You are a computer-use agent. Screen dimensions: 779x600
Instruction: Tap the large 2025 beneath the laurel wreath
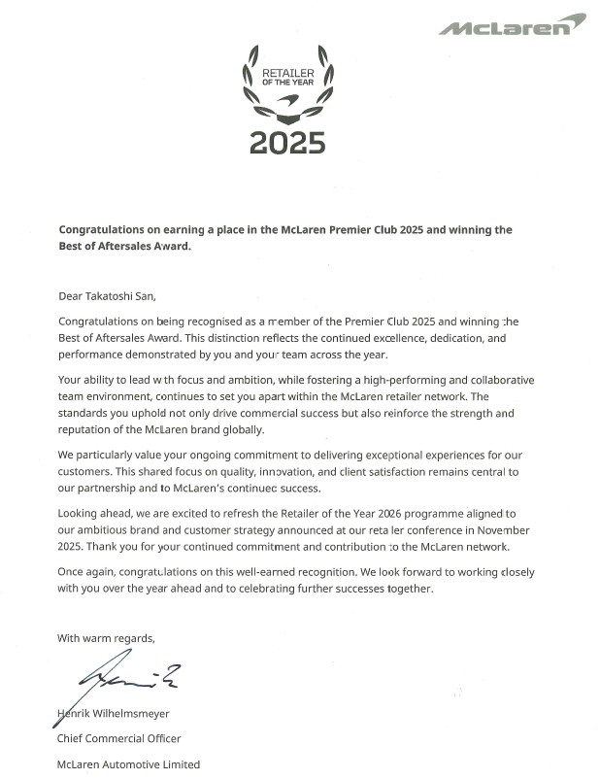tap(286, 142)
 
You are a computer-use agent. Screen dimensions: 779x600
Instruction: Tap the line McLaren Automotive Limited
tap(128, 764)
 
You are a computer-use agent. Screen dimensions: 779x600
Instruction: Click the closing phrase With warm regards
tap(106, 638)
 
